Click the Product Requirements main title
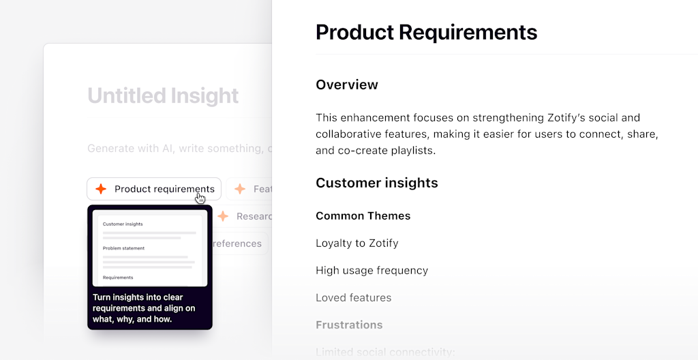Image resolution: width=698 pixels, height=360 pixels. coord(426,32)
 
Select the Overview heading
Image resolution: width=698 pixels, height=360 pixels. coord(346,85)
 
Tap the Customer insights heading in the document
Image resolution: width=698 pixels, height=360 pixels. coord(376,183)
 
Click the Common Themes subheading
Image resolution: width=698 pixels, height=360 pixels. coord(363,216)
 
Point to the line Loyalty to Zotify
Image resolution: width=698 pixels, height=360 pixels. coord(356,243)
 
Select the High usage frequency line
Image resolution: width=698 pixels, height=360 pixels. coord(371,271)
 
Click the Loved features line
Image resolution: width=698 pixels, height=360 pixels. coord(353,298)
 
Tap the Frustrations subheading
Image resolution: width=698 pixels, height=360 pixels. coord(349,325)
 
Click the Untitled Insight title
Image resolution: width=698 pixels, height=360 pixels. coord(163,95)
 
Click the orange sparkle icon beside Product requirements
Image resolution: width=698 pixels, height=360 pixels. coord(101,189)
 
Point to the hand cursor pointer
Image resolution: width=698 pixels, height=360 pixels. coord(200,198)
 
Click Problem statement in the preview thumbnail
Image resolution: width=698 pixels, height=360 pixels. coord(123,248)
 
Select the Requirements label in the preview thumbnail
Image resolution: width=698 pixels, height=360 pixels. coord(118,277)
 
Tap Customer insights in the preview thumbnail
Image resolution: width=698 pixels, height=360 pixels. coord(123,224)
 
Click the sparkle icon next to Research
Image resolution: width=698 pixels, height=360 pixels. coord(223,216)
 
